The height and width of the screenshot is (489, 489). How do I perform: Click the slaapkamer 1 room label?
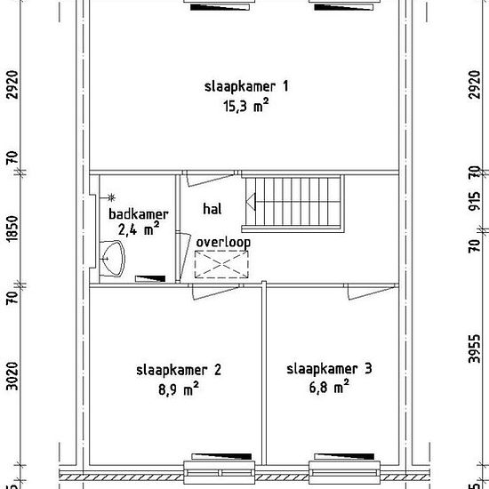(x=246, y=87)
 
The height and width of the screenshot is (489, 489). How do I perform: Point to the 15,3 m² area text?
(x=245, y=106)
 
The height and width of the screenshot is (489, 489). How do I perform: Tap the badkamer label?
(x=139, y=214)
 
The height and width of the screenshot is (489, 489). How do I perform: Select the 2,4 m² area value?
(x=139, y=229)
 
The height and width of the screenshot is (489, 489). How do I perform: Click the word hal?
(x=212, y=209)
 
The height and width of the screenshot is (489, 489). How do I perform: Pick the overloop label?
(x=223, y=243)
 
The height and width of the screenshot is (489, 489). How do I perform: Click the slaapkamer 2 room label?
(x=179, y=370)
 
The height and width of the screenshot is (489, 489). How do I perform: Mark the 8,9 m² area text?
(x=179, y=389)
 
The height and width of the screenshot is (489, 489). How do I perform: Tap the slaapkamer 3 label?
(x=329, y=369)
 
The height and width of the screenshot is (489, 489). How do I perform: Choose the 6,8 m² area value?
(x=329, y=388)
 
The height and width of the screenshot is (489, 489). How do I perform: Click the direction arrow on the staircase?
(x=251, y=201)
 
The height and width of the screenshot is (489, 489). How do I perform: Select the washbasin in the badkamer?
(x=112, y=259)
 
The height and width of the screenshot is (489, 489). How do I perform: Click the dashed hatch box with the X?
(x=221, y=264)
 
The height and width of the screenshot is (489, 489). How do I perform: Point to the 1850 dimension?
(x=12, y=228)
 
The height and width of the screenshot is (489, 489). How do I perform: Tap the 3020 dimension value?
(x=12, y=376)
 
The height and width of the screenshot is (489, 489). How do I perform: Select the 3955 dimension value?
(x=475, y=349)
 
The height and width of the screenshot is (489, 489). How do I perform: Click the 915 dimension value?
(x=475, y=202)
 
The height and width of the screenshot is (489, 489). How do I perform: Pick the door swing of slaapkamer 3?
(x=371, y=293)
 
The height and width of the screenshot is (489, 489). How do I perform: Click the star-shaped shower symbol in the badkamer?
(x=111, y=197)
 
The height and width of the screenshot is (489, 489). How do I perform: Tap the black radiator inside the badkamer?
(x=150, y=278)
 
